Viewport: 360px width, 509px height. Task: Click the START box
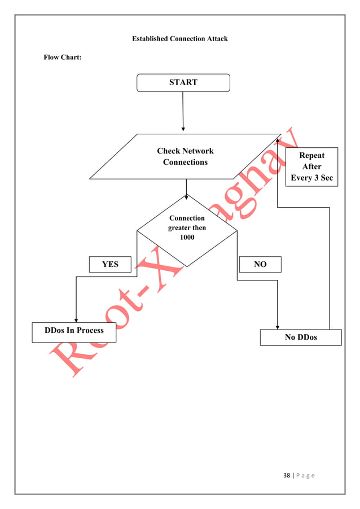(183, 82)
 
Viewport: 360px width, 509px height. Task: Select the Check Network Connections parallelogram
(185, 157)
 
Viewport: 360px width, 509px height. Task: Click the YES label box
(110, 264)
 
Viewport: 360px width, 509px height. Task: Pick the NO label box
(260, 264)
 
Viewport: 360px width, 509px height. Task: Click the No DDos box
(301, 337)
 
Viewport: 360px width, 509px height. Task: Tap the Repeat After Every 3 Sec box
(311, 166)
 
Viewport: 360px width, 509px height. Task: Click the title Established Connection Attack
(180, 38)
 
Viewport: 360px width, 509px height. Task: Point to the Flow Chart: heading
(63, 58)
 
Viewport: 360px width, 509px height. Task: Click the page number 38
(287, 475)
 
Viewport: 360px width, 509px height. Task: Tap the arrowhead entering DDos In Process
(76, 320)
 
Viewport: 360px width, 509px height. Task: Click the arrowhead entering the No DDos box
(277, 327)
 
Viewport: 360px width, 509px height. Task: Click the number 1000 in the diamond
(187, 237)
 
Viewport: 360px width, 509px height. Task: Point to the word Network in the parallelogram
(198, 151)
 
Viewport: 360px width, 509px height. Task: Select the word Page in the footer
(305, 475)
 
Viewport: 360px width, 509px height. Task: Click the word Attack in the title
(216, 38)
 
